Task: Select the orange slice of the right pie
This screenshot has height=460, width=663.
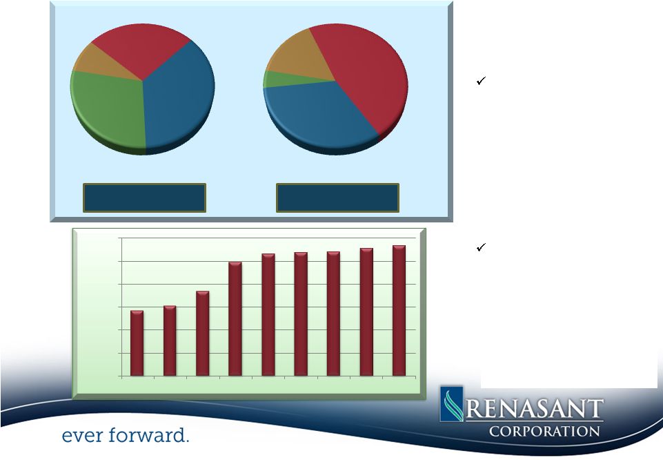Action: pos(300,57)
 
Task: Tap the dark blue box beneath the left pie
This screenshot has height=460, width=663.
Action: pos(145,198)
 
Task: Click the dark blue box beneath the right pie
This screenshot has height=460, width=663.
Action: pos(337,198)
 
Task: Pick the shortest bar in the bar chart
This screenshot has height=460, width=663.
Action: pos(137,343)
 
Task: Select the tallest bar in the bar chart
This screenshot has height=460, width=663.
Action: pos(399,311)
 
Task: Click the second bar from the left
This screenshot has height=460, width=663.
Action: pos(170,341)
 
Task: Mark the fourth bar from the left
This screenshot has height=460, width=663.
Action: pos(235,318)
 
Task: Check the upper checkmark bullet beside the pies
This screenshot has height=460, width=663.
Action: pos(481,80)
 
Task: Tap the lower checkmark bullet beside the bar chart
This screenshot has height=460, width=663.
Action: pos(481,247)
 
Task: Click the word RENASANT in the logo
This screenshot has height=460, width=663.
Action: pos(535,409)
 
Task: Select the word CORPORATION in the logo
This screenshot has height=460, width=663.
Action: pos(544,431)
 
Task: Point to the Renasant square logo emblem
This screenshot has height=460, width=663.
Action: pos(452,404)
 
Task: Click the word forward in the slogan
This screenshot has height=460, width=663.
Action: pos(148,435)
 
